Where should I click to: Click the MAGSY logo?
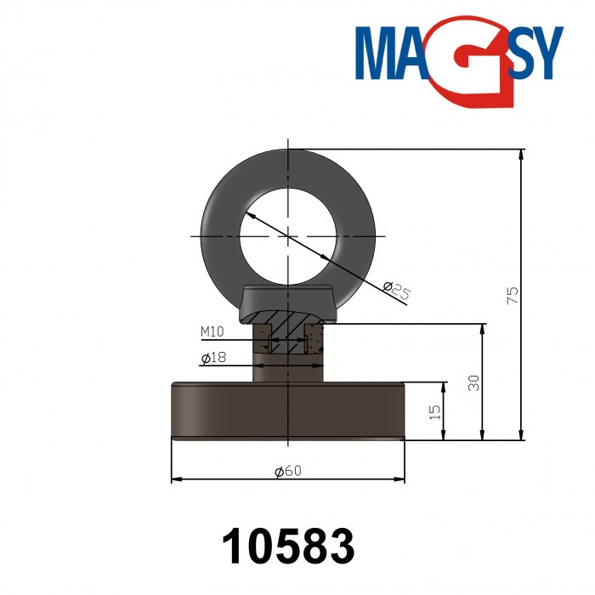click(459, 56)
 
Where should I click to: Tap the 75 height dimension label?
click(512, 295)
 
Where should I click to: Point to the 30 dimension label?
click(474, 382)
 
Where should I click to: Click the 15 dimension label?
click(434, 412)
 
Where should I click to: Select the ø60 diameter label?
click(288, 471)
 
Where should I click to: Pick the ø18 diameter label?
click(213, 359)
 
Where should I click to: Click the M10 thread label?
click(212, 331)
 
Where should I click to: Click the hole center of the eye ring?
click(289, 235)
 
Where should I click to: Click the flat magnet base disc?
click(288, 411)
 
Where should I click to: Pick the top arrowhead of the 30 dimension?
click(482, 328)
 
